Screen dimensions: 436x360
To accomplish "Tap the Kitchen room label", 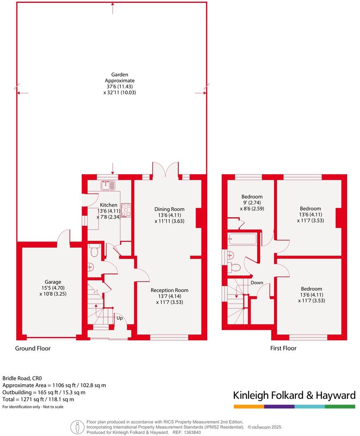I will tap(109, 205).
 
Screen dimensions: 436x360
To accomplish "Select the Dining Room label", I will tap(169, 209).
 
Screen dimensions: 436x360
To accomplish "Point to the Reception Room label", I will tap(169, 290).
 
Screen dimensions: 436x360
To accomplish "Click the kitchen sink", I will tap(109, 185).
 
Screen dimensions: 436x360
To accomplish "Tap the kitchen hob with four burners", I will tap(126, 210).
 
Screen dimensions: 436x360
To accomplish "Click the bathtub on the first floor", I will tap(242, 239).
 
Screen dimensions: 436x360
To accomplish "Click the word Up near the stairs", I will tap(119, 318).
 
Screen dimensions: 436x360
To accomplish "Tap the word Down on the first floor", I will tap(257, 283).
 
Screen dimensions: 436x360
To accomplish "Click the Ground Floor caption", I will tap(33, 348).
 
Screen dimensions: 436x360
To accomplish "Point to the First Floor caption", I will tap(283, 348).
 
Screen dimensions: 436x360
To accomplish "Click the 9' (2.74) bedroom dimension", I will tap(252, 203).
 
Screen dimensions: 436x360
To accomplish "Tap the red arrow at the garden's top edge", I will tap(112, 6).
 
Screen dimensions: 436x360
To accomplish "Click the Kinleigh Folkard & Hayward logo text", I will tap(294, 396).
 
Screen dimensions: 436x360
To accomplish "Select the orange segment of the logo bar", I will tap(249, 407).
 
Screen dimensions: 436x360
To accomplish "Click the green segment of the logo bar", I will tap(340, 407).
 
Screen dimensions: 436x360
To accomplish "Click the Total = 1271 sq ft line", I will tap(44, 399).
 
